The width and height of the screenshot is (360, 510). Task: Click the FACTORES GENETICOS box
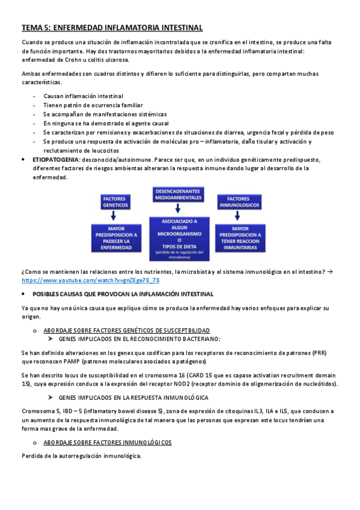coord(115,201)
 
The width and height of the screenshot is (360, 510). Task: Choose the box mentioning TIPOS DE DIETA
coord(178,238)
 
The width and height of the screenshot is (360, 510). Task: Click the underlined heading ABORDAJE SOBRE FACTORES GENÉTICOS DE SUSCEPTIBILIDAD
coord(126,330)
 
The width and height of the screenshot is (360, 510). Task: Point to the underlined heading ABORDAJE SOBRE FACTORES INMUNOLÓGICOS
coord(108,442)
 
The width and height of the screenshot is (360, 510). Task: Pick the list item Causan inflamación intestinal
coord(84,96)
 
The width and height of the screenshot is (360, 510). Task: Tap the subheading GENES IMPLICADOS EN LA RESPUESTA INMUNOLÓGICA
coord(133,398)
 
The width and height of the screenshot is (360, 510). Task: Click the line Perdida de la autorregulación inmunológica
coord(81,456)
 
